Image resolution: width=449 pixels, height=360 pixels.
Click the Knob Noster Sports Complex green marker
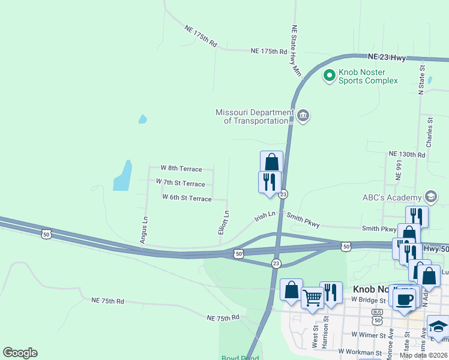coord(329,76)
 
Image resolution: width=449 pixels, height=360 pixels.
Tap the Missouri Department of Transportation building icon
coord(303,115)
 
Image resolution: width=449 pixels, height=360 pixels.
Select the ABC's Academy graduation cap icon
coord(430,197)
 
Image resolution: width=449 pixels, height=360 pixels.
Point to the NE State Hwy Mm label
coord(295,50)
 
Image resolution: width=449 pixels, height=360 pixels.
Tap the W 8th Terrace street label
coord(181,169)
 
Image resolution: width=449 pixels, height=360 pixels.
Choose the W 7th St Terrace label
coord(180,182)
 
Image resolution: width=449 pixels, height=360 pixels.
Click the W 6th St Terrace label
coord(187,197)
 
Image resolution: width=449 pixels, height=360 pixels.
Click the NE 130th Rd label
coord(406,154)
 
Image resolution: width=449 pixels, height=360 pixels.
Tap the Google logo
coord(20,353)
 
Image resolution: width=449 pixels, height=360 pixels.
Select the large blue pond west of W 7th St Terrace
coord(122,175)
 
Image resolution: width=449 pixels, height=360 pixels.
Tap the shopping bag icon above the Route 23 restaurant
coord(271,161)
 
